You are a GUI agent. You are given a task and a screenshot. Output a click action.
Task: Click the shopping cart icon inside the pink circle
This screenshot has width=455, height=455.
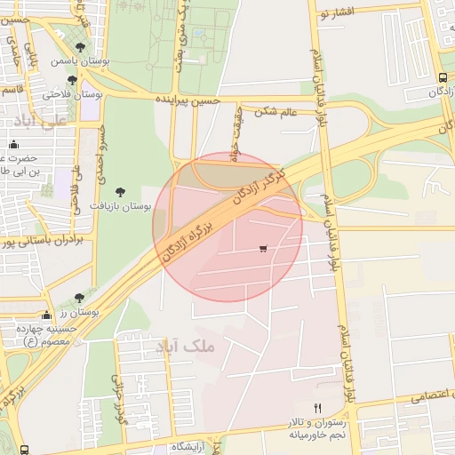pos(262,248)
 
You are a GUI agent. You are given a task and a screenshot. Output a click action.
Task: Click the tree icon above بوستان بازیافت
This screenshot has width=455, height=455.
pos(120,190)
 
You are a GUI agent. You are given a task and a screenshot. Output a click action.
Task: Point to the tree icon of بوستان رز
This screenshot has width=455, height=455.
pos(79,298)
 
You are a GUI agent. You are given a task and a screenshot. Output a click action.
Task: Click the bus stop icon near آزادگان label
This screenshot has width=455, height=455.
pos(443,77)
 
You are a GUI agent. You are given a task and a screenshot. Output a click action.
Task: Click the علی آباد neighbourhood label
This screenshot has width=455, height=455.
pos(36,120)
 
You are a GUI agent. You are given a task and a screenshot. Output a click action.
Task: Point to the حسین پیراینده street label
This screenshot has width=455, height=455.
pos(187,100)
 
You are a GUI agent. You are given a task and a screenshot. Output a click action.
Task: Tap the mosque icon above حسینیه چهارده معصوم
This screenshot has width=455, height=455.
pos(47,315)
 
